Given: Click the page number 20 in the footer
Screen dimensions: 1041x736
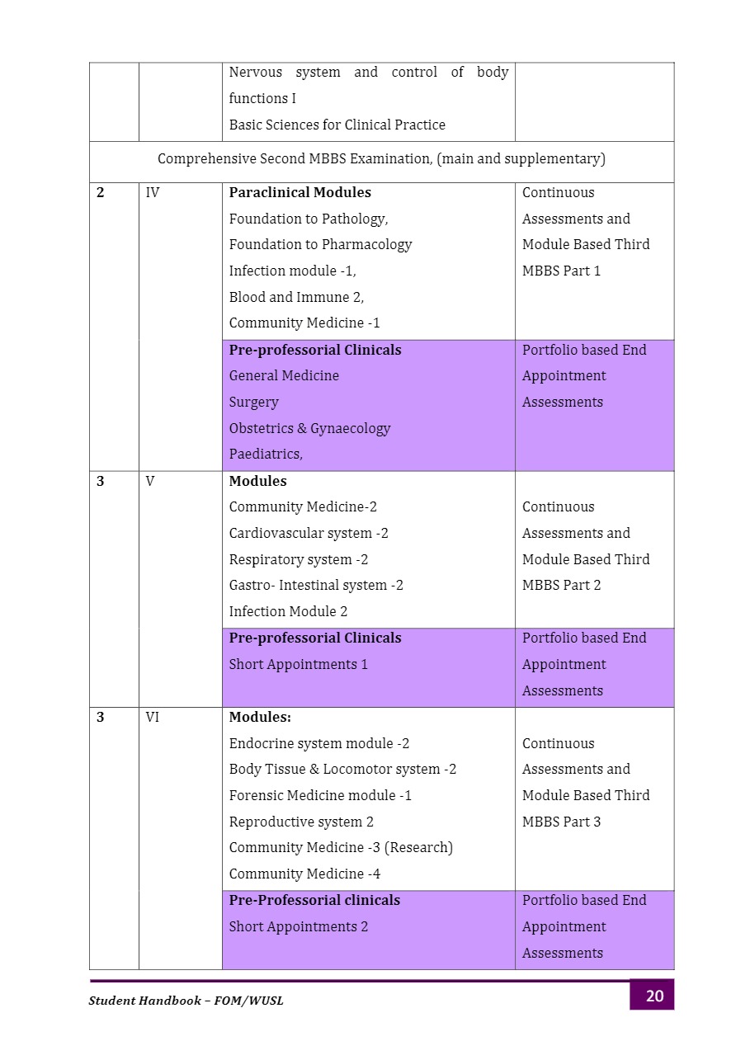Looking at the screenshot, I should point(653,996).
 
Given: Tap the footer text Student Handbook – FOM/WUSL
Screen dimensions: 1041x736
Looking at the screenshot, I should point(186,1001).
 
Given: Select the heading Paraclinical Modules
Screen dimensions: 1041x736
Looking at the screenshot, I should point(300,193).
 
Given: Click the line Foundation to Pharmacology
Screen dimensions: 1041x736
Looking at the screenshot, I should point(320,245).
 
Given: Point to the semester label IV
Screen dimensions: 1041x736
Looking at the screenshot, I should point(153,193).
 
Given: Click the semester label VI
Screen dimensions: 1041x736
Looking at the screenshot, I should point(153,718).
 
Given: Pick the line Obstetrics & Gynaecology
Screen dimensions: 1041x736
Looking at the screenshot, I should point(309,429).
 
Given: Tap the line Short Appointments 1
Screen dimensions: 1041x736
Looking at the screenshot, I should point(298,665).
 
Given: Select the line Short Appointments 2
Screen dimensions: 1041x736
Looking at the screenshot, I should point(298,927).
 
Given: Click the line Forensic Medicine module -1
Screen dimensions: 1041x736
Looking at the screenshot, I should point(320,796).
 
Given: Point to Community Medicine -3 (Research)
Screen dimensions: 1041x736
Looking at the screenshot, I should point(341,848).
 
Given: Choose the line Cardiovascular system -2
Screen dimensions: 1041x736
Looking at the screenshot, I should point(309,534).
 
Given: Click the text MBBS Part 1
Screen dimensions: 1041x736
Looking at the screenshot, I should point(561,271).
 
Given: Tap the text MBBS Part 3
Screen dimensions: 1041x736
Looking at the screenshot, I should point(561,822).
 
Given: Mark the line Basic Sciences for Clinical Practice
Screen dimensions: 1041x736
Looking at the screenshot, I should point(337,125).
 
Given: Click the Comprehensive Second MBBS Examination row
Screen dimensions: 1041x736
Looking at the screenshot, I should point(381,159).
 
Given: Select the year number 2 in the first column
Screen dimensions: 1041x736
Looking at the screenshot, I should point(101,193).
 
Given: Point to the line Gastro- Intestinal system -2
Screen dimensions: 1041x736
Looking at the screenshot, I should point(316,586).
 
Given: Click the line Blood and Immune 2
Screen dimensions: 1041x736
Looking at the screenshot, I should point(296,298).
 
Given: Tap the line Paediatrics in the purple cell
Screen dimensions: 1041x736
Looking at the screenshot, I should point(266,455).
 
